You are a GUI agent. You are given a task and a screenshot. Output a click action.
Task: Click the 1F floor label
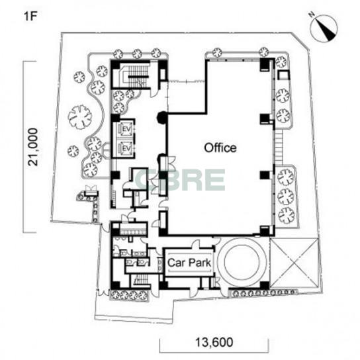30,17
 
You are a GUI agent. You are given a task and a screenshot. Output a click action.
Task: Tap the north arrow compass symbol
324,29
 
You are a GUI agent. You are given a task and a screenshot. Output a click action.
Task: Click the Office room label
220,148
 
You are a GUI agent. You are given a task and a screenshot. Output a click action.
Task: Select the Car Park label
189,263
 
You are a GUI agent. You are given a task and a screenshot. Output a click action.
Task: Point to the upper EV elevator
125,129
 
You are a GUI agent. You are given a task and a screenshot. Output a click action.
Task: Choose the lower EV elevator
125,148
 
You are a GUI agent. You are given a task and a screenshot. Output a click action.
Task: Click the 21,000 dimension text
33,147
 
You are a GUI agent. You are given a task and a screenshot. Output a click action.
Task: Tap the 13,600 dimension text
214,342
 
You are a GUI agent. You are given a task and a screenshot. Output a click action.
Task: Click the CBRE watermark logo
180,180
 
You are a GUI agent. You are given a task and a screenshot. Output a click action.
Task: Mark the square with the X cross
294,263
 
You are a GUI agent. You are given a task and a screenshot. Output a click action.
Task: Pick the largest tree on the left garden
80,116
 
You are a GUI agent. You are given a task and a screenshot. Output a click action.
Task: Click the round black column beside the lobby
162,117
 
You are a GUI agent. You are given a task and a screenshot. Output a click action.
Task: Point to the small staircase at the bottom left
142,280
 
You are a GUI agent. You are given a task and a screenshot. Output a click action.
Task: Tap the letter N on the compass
312,15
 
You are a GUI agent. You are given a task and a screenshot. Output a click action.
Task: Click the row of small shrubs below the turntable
263,292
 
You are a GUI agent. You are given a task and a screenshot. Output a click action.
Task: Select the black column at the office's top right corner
265,64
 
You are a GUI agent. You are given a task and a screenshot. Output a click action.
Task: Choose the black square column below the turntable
265,285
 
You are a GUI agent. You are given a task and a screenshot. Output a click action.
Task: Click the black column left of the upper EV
116,118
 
